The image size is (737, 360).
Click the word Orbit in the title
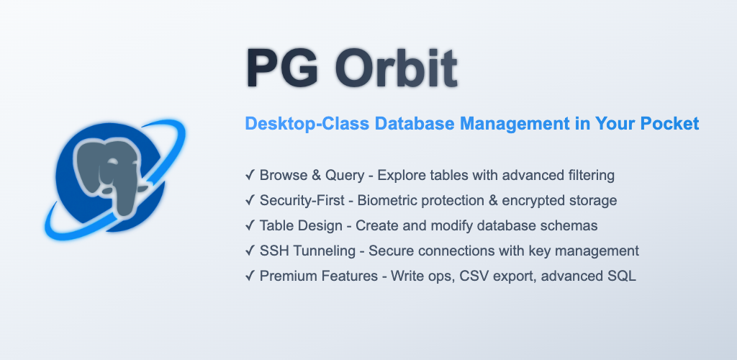pyautogui.click(x=395, y=68)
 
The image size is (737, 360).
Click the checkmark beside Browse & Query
pyautogui.click(x=250, y=175)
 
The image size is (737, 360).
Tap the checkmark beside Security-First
pyautogui.click(x=250, y=200)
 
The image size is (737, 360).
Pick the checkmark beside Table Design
pyautogui.click(x=250, y=225)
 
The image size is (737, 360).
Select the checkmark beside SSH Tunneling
pyautogui.click(x=250, y=251)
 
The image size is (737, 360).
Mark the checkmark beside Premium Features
pyautogui.click(x=250, y=276)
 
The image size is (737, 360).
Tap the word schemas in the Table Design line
pyautogui.click(x=572, y=225)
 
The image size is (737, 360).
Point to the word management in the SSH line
pyautogui.click(x=602, y=251)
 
